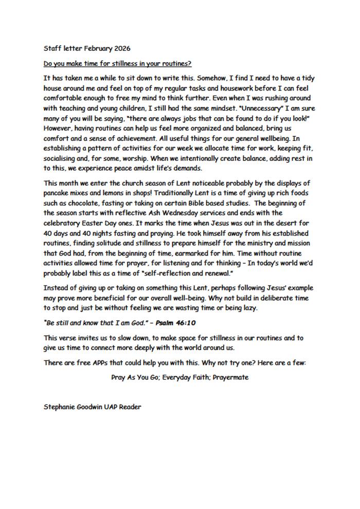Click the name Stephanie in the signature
click(x=61, y=407)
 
